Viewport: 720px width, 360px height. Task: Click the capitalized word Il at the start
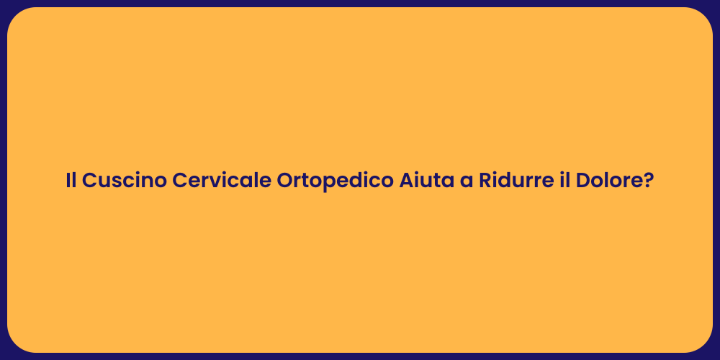click(71, 181)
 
